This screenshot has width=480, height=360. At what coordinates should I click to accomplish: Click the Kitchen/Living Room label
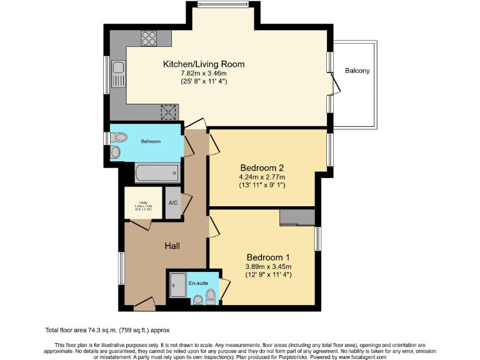[x=204, y=64]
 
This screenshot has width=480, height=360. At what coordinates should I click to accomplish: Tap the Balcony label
[x=357, y=71]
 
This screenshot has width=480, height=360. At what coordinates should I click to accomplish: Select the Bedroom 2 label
[x=262, y=167]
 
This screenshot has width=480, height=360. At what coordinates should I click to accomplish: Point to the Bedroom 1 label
[x=268, y=257]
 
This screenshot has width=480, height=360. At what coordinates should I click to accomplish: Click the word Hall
[x=172, y=246]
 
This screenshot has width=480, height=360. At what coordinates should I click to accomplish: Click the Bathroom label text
[x=151, y=141]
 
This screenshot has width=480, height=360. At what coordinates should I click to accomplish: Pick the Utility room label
[x=143, y=202]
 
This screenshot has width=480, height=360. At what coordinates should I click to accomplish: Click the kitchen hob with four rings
[x=149, y=39]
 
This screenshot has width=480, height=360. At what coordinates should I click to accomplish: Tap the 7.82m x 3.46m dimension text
[x=204, y=73]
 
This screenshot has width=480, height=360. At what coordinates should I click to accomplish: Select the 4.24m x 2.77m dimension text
[x=262, y=177]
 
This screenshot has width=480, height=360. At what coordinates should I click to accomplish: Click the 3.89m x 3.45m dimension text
[x=268, y=266]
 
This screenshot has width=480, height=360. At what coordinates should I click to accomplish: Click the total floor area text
[x=107, y=330]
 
